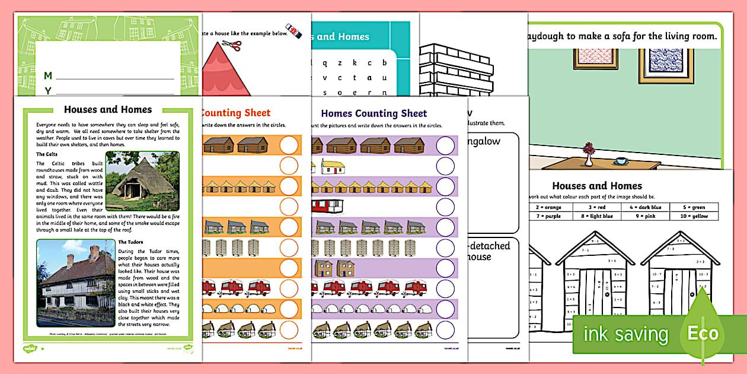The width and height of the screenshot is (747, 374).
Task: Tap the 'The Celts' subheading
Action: (x=46, y=154)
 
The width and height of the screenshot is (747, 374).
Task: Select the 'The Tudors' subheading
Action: (x=130, y=242)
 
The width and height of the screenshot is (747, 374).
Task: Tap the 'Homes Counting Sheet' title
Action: (x=373, y=113)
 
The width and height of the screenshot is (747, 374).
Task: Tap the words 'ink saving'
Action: (x=625, y=334)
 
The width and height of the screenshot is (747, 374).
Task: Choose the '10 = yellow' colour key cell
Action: (x=698, y=217)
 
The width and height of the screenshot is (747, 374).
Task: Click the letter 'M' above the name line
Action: (x=48, y=75)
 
